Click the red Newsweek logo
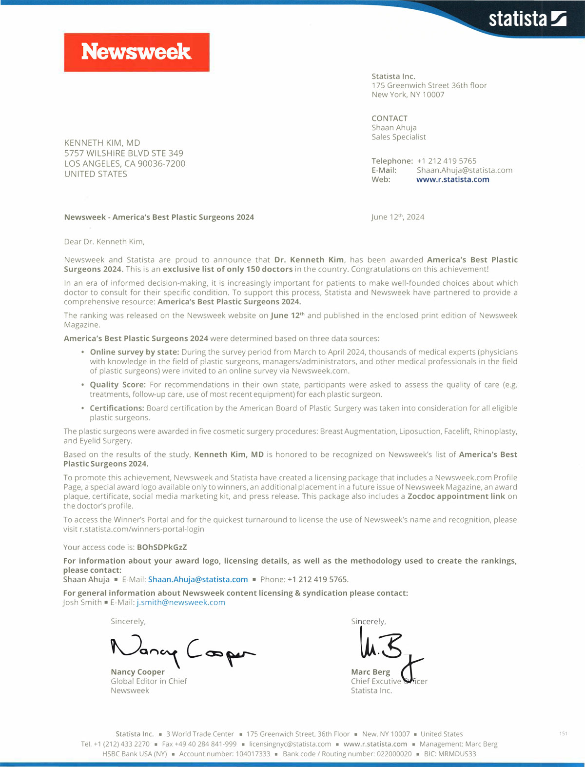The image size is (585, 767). pos(136,52)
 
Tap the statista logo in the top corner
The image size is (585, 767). pos(527,19)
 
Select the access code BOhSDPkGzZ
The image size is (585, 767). pos(162,547)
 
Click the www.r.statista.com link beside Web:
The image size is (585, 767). pos(452,179)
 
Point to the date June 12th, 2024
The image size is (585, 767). pos(397,217)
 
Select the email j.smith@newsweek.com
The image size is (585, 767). pos(181,602)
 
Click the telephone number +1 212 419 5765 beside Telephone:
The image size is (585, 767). pos(447,161)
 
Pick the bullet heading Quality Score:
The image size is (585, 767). pos(117,385)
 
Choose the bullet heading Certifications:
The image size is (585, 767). pos(117,408)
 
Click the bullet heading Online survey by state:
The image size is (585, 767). pos(135,352)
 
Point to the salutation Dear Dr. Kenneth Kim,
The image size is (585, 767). pos(104,241)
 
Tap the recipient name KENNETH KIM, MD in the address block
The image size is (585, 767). pos(102,143)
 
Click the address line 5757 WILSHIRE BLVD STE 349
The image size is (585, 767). pos(124,153)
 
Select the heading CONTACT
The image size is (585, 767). pos(390,118)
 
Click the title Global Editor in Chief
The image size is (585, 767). pos(149,681)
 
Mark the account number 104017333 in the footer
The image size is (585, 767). pos(253,754)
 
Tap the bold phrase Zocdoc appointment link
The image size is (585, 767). pos(456,496)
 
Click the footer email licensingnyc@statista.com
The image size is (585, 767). pos(290,744)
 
